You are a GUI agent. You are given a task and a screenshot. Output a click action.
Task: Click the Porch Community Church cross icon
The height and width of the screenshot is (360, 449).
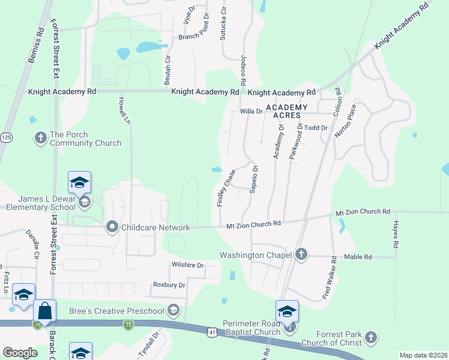coord(41,138)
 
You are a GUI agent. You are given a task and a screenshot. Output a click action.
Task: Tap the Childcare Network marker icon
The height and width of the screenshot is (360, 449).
coord(112,227)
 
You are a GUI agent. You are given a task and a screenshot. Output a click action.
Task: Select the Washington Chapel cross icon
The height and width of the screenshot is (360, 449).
coord(301,255)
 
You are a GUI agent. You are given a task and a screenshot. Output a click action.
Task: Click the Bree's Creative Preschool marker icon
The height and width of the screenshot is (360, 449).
coord(173,310)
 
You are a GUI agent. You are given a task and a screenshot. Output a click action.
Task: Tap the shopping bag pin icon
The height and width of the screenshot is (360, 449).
coord(45,311)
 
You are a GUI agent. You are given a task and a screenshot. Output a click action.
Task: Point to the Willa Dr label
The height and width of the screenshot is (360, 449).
coord(252,111)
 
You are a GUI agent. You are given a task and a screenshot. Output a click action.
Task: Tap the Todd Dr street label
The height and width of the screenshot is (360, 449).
coord(316,128)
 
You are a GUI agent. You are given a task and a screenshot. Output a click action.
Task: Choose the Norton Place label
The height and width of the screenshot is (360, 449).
coord(345,121)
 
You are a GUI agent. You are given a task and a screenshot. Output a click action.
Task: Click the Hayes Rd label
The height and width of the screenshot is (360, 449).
coord(396,235)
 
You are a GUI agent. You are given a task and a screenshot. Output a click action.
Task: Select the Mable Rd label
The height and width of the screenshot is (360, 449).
coord(358,257)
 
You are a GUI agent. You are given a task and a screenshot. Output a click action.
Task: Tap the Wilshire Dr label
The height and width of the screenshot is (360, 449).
coord(187,265)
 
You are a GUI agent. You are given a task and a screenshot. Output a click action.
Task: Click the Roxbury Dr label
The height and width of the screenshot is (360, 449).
coord(169,285)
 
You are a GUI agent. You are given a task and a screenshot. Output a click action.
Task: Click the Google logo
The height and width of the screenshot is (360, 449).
coord(20,353)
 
